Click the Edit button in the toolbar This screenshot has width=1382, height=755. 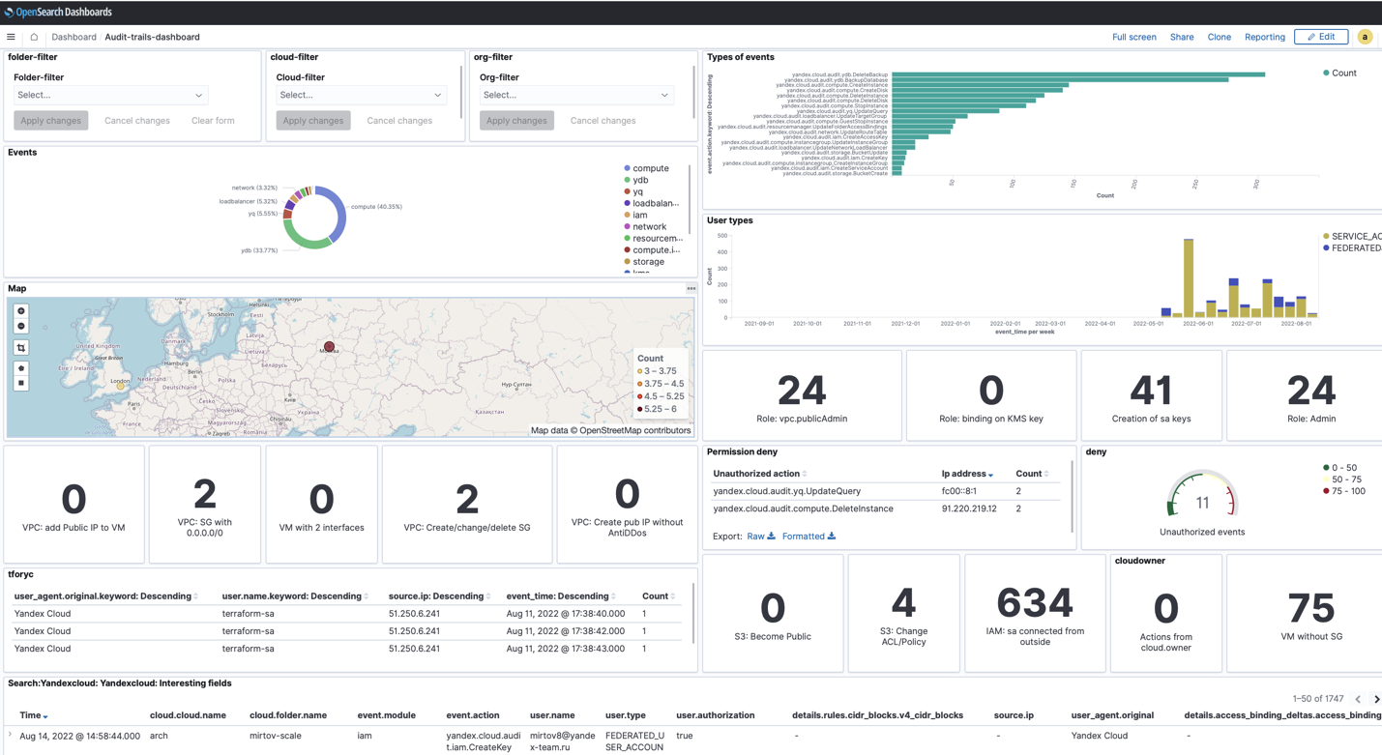pyautogui.click(x=1321, y=37)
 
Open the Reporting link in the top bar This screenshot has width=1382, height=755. pyautogui.click(x=1264, y=37)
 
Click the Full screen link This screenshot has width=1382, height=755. pyautogui.click(x=1133, y=37)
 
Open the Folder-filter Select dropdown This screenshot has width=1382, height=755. pyautogui.click(x=110, y=95)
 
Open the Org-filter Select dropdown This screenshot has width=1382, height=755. pyautogui.click(x=575, y=95)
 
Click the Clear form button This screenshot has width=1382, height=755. pyautogui.click(x=213, y=121)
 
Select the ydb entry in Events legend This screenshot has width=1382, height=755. pyautogui.click(x=640, y=180)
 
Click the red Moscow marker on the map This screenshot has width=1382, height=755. pyautogui.click(x=329, y=346)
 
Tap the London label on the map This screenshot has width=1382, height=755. pyautogui.click(x=121, y=381)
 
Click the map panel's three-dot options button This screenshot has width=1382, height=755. pyautogui.click(x=691, y=288)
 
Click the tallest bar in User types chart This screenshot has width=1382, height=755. pyautogui.click(x=1189, y=278)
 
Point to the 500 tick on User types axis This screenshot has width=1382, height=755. pyautogui.click(x=721, y=236)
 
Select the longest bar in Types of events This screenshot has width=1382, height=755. pyautogui.click(x=1077, y=74)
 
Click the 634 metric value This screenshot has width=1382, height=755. pyautogui.click(x=1034, y=603)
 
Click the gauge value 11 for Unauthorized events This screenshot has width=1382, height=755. pyautogui.click(x=1202, y=503)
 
